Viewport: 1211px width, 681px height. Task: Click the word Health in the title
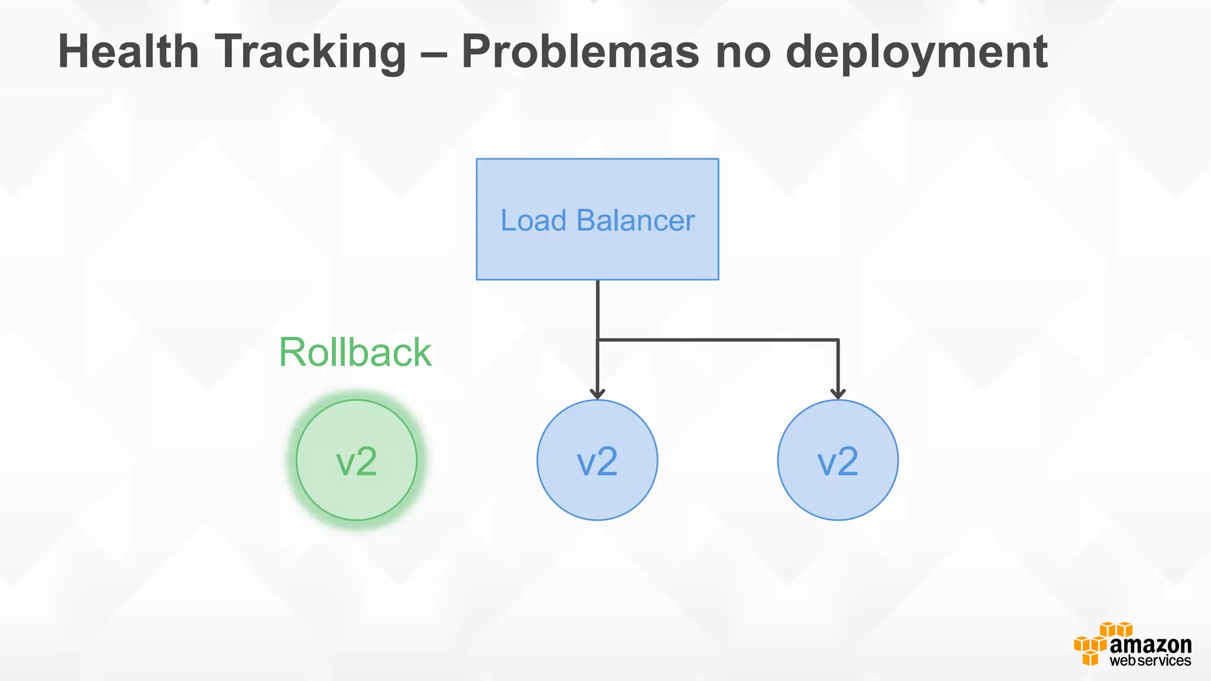128,52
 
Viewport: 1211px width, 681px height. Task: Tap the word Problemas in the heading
580,52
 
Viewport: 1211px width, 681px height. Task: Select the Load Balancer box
597,177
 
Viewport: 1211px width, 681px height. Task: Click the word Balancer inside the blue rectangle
636,220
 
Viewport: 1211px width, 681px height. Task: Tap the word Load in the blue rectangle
533,220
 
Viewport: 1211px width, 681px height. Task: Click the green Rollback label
355,352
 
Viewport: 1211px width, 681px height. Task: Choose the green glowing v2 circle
357,461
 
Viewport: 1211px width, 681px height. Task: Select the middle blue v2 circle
597,461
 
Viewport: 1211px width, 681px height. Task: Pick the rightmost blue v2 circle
838,461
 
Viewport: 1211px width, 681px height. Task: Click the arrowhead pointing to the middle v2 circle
598,393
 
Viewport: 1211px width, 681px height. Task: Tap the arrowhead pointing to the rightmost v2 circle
838,393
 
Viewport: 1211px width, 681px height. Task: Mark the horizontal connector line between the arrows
718,340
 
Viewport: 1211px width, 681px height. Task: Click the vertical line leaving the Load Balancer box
598,307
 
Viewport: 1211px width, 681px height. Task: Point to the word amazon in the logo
1150,645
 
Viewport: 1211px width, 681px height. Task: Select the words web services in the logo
1150,661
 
